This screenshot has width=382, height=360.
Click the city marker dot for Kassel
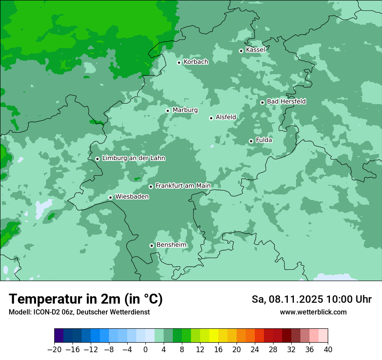[x=241, y=51]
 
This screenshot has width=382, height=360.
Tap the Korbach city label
[x=196, y=62]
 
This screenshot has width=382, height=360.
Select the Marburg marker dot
[x=168, y=111]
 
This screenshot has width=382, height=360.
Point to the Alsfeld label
[x=226, y=117]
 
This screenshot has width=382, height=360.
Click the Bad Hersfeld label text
[x=286, y=101]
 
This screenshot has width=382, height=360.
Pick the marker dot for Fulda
[x=251, y=141]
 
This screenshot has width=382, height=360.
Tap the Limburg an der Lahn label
[x=133, y=158]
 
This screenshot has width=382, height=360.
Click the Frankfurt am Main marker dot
[x=151, y=187]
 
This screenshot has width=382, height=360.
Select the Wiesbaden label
[x=132, y=197]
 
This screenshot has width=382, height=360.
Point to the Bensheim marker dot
[x=151, y=245]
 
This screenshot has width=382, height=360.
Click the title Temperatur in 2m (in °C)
[x=86, y=299]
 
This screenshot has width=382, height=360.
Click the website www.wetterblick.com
[x=313, y=312]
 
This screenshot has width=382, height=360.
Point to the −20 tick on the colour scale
[x=54, y=350]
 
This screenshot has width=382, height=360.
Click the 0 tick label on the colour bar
[x=145, y=350]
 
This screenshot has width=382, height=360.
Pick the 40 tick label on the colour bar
[x=328, y=350]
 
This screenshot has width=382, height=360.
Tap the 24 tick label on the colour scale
[x=255, y=350]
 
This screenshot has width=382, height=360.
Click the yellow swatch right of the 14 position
[x=214, y=336]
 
